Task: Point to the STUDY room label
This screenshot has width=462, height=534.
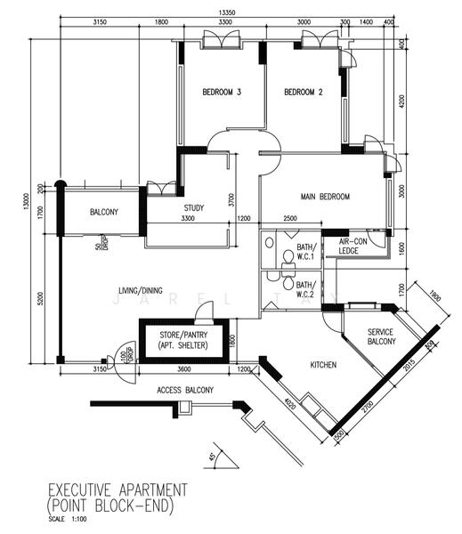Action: pos(194,208)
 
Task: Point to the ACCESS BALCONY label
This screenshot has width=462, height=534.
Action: pos(185,391)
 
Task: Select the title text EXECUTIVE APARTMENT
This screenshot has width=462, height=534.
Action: pos(117,490)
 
